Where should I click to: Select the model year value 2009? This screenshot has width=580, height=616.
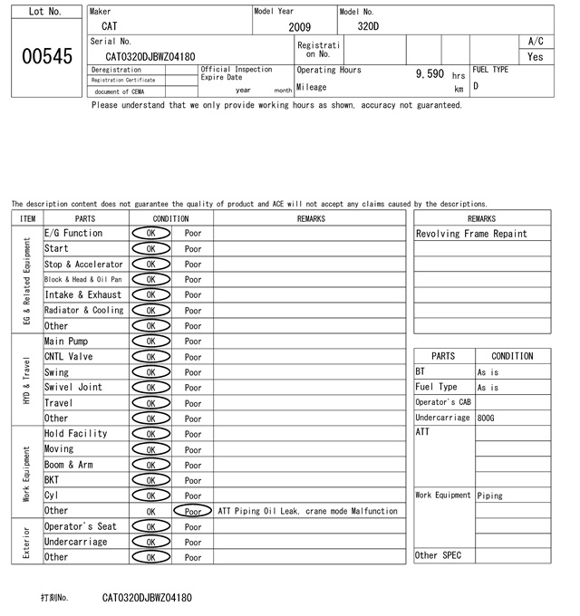299,27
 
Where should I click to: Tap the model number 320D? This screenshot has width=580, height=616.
368,26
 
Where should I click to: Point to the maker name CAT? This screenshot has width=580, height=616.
109,26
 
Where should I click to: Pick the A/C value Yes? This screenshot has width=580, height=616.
536,56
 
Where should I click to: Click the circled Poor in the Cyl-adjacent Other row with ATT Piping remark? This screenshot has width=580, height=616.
192,511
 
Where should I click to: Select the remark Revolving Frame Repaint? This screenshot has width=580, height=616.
470,234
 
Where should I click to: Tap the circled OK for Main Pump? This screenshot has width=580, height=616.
150,342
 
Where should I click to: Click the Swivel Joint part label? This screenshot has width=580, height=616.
73,388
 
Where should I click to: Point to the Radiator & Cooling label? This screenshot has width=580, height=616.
83,311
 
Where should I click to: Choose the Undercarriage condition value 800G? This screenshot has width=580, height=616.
486,419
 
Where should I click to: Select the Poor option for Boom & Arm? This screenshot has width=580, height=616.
193,465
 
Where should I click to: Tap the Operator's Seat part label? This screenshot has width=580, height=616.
81,526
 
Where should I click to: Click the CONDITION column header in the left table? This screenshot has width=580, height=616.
170,218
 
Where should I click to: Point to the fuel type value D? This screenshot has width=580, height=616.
476,87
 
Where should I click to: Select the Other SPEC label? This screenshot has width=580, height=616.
439,555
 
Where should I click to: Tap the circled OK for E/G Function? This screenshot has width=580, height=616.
150,234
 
